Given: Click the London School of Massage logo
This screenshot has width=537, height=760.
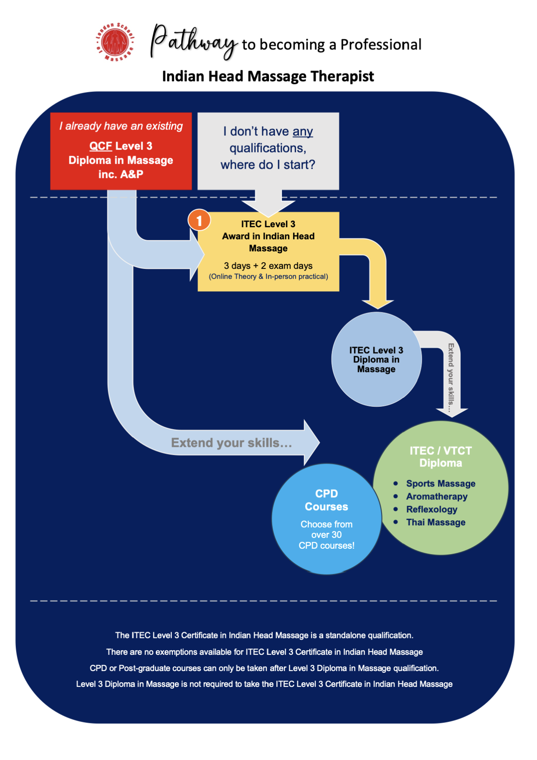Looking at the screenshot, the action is [x=115, y=42].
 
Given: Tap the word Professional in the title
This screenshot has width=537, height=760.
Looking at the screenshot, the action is [x=381, y=44].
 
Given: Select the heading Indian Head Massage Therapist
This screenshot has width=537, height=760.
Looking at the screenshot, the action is [x=268, y=76].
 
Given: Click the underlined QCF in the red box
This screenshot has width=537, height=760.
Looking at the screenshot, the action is [x=101, y=146].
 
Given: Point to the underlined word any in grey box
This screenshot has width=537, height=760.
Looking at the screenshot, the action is [x=303, y=132].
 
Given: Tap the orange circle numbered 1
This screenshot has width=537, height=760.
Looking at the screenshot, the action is [x=199, y=220].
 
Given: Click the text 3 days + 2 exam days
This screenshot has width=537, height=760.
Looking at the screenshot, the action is [x=268, y=266].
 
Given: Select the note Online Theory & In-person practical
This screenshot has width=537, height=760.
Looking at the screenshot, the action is [x=268, y=276].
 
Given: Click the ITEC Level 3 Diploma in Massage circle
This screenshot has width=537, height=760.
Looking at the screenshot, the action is [x=376, y=359].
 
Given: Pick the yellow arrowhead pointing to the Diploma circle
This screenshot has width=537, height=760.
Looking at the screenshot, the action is [x=377, y=304].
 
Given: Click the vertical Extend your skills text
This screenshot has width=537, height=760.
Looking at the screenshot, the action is [x=451, y=377].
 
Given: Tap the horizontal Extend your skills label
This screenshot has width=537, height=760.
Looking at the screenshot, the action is [x=231, y=443].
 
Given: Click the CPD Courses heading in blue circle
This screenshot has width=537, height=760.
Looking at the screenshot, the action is [x=327, y=500].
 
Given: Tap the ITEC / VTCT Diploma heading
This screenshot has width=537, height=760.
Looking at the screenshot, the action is [x=441, y=457].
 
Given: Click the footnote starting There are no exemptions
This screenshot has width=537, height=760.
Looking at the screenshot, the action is [x=264, y=652].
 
